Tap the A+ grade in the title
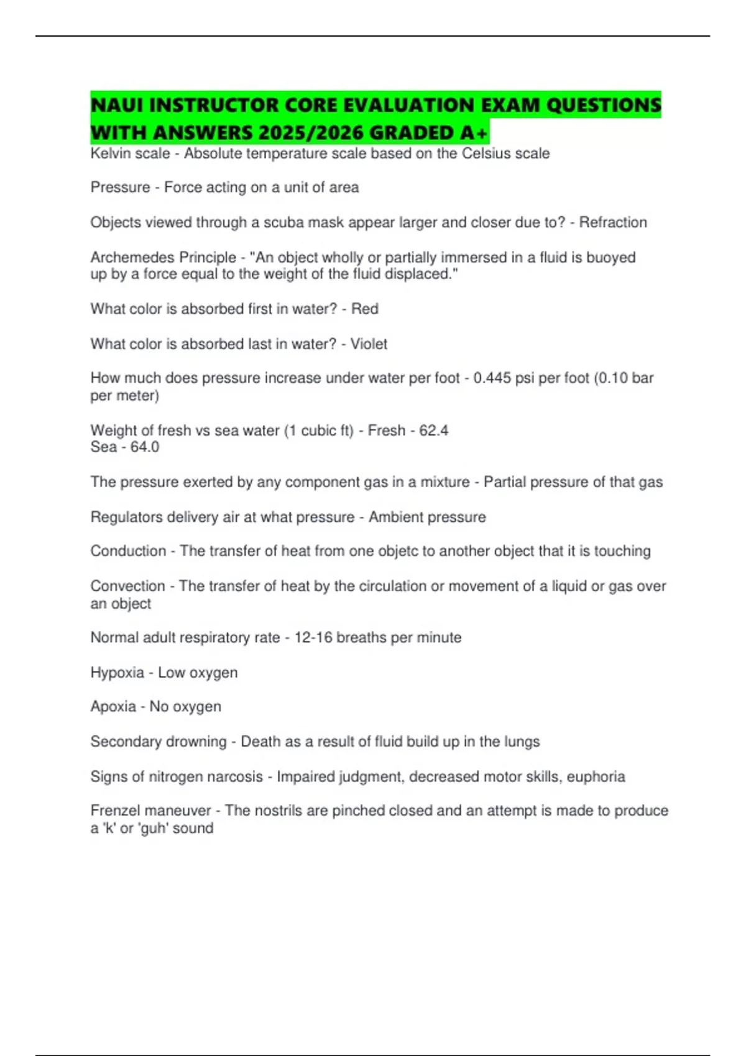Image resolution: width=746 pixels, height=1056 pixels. pyautogui.click(x=475, y=133)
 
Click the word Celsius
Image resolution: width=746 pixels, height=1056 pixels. pyautogui.click(x=486, y=153)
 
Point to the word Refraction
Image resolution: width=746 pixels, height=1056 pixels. pyautogui.click(x=613, y=222)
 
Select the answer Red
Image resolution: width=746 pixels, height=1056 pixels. pyautogui.click(x=365, y=309)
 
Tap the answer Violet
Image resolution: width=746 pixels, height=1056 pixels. pyautogui.click(x=369, y=344)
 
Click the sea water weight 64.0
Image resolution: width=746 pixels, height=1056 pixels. pyautogui.click(x=145, y=447)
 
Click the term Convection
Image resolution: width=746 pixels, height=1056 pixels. pyautogui.click(x=127, y=586)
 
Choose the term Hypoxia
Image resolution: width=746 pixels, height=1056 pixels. pyautogui.click(x=117, y=672)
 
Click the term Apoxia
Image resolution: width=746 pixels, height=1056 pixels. pyautogui.click(x=113, y=706)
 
